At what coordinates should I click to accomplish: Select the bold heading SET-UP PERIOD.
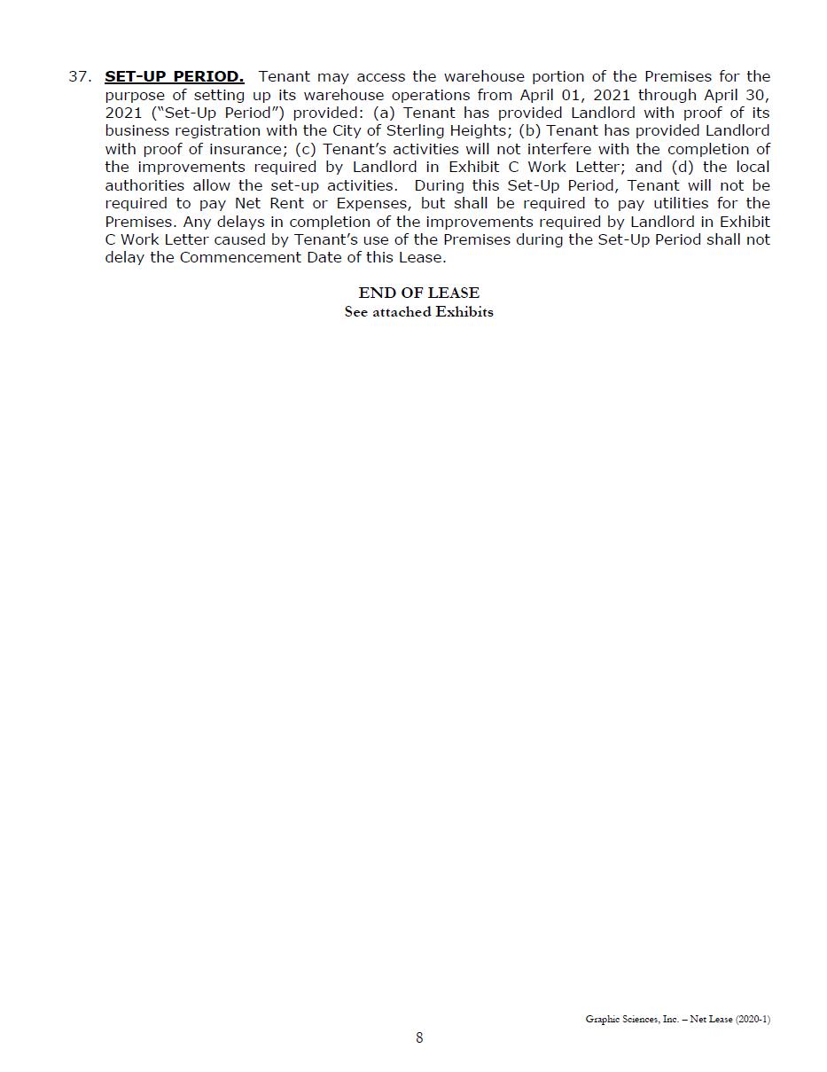tap(174, 77)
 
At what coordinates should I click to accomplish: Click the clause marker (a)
tap(385, 113)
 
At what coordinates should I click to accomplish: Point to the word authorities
tap(145, 185)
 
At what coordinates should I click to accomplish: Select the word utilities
tap(676, 204)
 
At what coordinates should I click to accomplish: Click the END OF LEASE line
tap(418, 293)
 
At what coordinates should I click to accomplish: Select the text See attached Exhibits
tap(418, 311)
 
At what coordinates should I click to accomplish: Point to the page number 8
tap(419, 1037)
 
